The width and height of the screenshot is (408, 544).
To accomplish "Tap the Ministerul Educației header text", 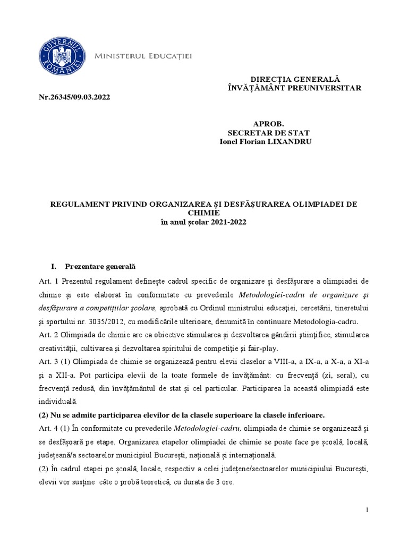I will coord(143,56).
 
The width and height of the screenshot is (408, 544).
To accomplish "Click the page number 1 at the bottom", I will coord(368,525).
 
